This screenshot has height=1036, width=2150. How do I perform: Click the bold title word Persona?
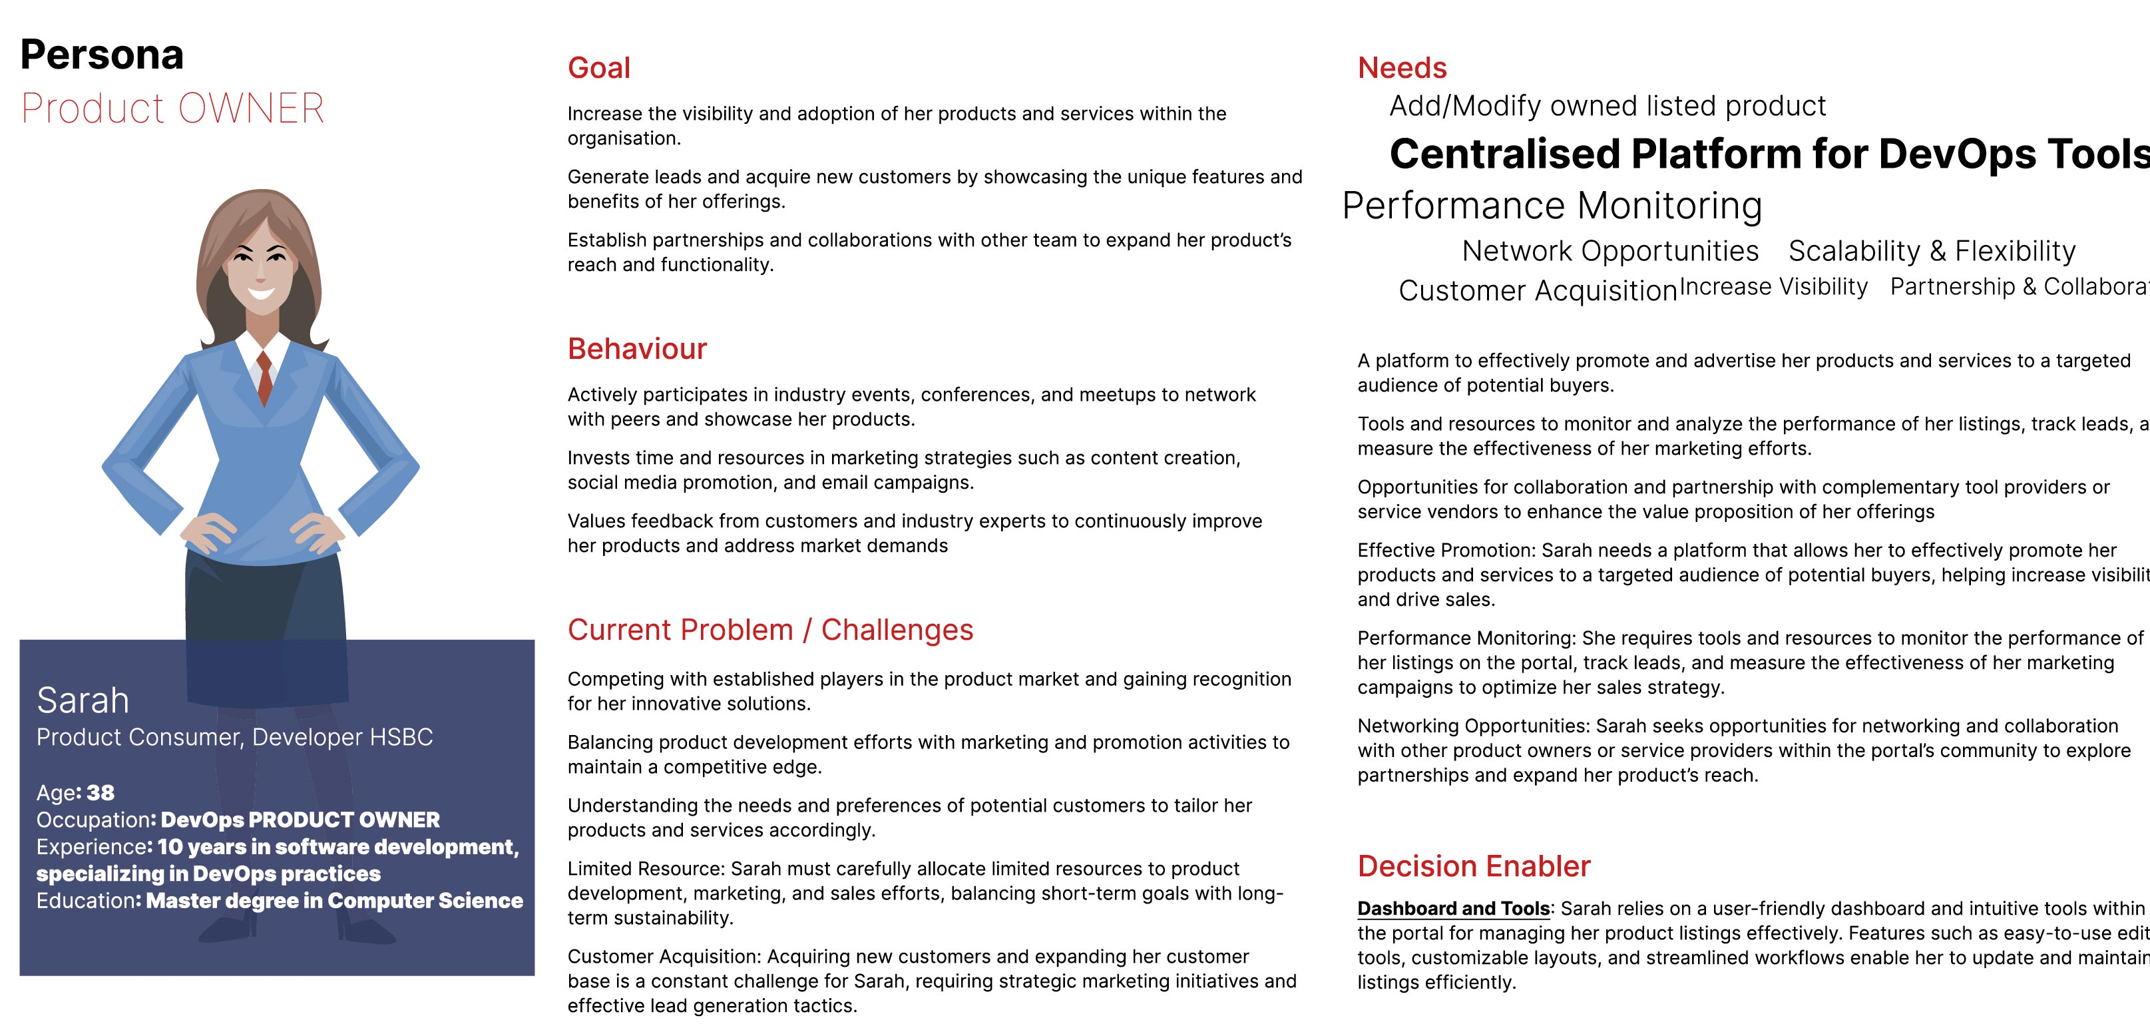(102, 55)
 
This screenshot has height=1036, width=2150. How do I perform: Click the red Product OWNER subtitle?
(172, 109)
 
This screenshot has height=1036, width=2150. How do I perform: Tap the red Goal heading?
(598, 68)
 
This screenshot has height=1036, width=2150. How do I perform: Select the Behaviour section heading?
(637, 349)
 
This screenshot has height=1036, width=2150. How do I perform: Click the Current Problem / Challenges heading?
(769, 629)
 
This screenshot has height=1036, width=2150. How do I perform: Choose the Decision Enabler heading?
(1473, 866)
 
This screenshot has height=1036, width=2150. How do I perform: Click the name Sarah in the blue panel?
(83, 700)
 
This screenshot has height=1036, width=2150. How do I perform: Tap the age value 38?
(100, 792)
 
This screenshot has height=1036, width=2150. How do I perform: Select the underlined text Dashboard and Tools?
(1453, 908)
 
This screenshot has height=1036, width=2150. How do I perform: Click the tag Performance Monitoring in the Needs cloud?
(1552, 205)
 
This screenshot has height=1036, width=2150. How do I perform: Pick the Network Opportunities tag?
(1610, 250)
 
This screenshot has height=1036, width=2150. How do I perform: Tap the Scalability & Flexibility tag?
(1931, 250)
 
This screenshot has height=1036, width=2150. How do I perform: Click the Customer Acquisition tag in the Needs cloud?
(1538, 290)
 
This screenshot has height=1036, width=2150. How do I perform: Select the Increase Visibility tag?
(1773, 286)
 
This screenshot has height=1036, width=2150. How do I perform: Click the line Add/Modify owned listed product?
(1608, 106)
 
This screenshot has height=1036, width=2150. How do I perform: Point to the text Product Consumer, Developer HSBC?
(234, 737)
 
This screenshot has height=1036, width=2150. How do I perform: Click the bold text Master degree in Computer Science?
(334, 901)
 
